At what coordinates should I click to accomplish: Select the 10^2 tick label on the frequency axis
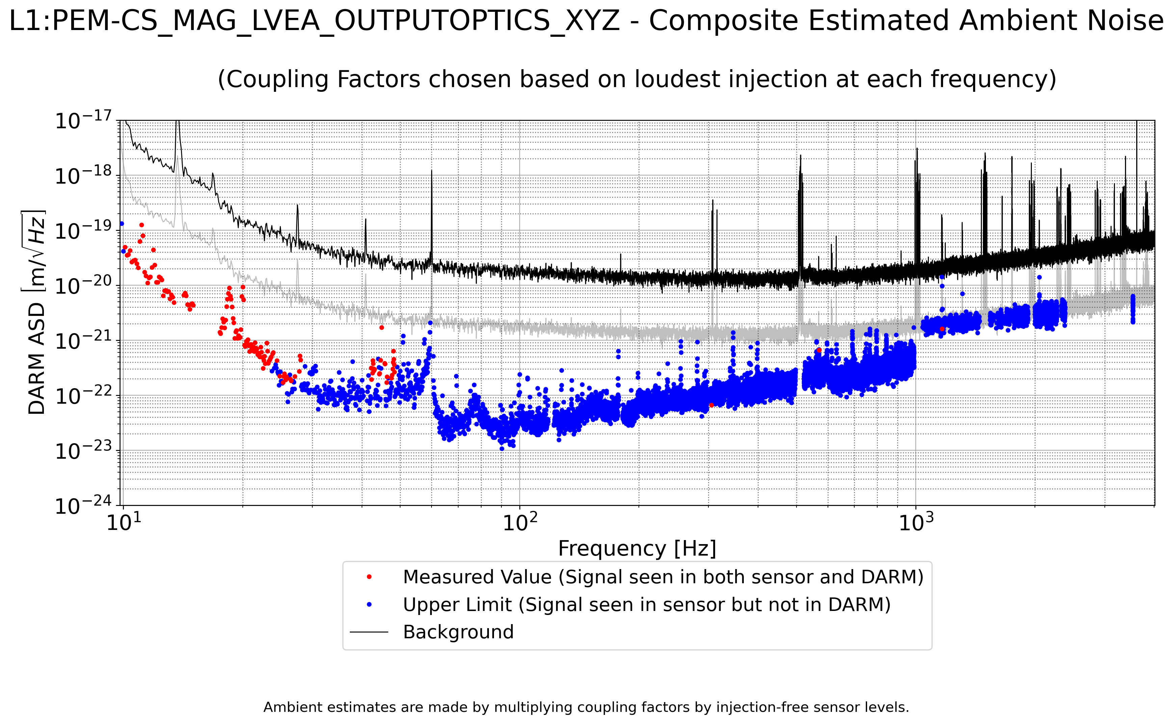coord(520,522)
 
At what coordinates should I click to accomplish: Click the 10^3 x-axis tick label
coord(916,522)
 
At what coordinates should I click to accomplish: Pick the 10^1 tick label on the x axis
coord(123,522)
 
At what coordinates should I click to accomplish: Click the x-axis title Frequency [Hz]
coord(637,548)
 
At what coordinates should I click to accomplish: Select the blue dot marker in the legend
coord(369,605)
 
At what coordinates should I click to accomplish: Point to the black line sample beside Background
coord(369,632)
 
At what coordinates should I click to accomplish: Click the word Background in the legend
coord(458,632)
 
